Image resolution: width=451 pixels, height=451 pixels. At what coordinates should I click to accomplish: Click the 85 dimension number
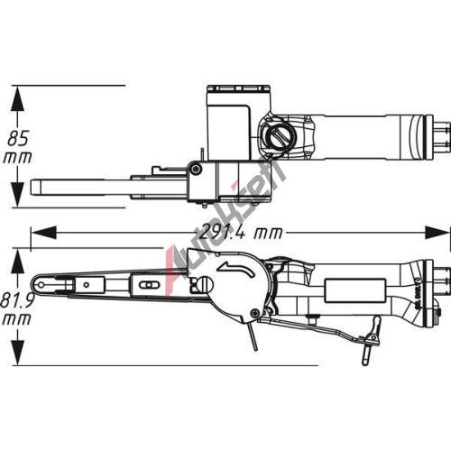click(18, 138)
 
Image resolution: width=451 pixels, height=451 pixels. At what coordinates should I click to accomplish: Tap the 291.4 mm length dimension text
click(241, 233)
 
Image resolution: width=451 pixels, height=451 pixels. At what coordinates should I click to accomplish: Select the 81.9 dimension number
click(16, 300)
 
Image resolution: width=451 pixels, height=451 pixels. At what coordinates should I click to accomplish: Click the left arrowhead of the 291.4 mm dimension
click(43, 233)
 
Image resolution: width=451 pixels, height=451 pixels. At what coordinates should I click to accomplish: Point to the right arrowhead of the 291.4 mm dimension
click(437, 233)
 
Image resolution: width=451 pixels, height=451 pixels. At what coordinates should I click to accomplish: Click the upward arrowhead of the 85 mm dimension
click(17, 98)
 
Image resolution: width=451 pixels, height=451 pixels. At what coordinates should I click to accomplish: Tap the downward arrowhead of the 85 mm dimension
click(17, 195)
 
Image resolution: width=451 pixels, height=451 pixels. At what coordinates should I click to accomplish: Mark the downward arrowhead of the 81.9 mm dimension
click(17, 353)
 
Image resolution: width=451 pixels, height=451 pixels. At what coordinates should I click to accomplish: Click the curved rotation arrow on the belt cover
click(236, 269)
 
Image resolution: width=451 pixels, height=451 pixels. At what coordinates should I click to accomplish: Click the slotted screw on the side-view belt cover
click(205, 283)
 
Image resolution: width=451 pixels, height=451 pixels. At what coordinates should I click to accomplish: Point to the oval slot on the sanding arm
click(146, 284)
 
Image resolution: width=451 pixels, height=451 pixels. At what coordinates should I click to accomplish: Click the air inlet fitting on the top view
click(441, 137)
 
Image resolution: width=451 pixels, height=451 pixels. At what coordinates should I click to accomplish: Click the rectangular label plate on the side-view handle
click(354, 290)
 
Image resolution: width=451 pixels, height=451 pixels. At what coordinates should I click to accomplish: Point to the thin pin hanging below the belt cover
click(252, 336)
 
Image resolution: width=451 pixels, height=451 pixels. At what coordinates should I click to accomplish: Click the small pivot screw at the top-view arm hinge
click(196, 169)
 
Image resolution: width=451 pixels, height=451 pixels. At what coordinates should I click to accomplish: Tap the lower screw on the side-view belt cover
click(256, 313)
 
